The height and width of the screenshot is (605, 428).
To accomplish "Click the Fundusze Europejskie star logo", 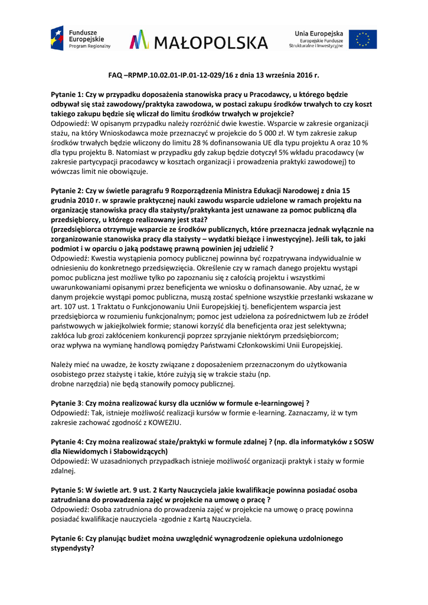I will click(57, 38).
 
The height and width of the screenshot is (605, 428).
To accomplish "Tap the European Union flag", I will click(362, 39).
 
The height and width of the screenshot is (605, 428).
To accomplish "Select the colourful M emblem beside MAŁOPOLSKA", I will click(139, 40).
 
